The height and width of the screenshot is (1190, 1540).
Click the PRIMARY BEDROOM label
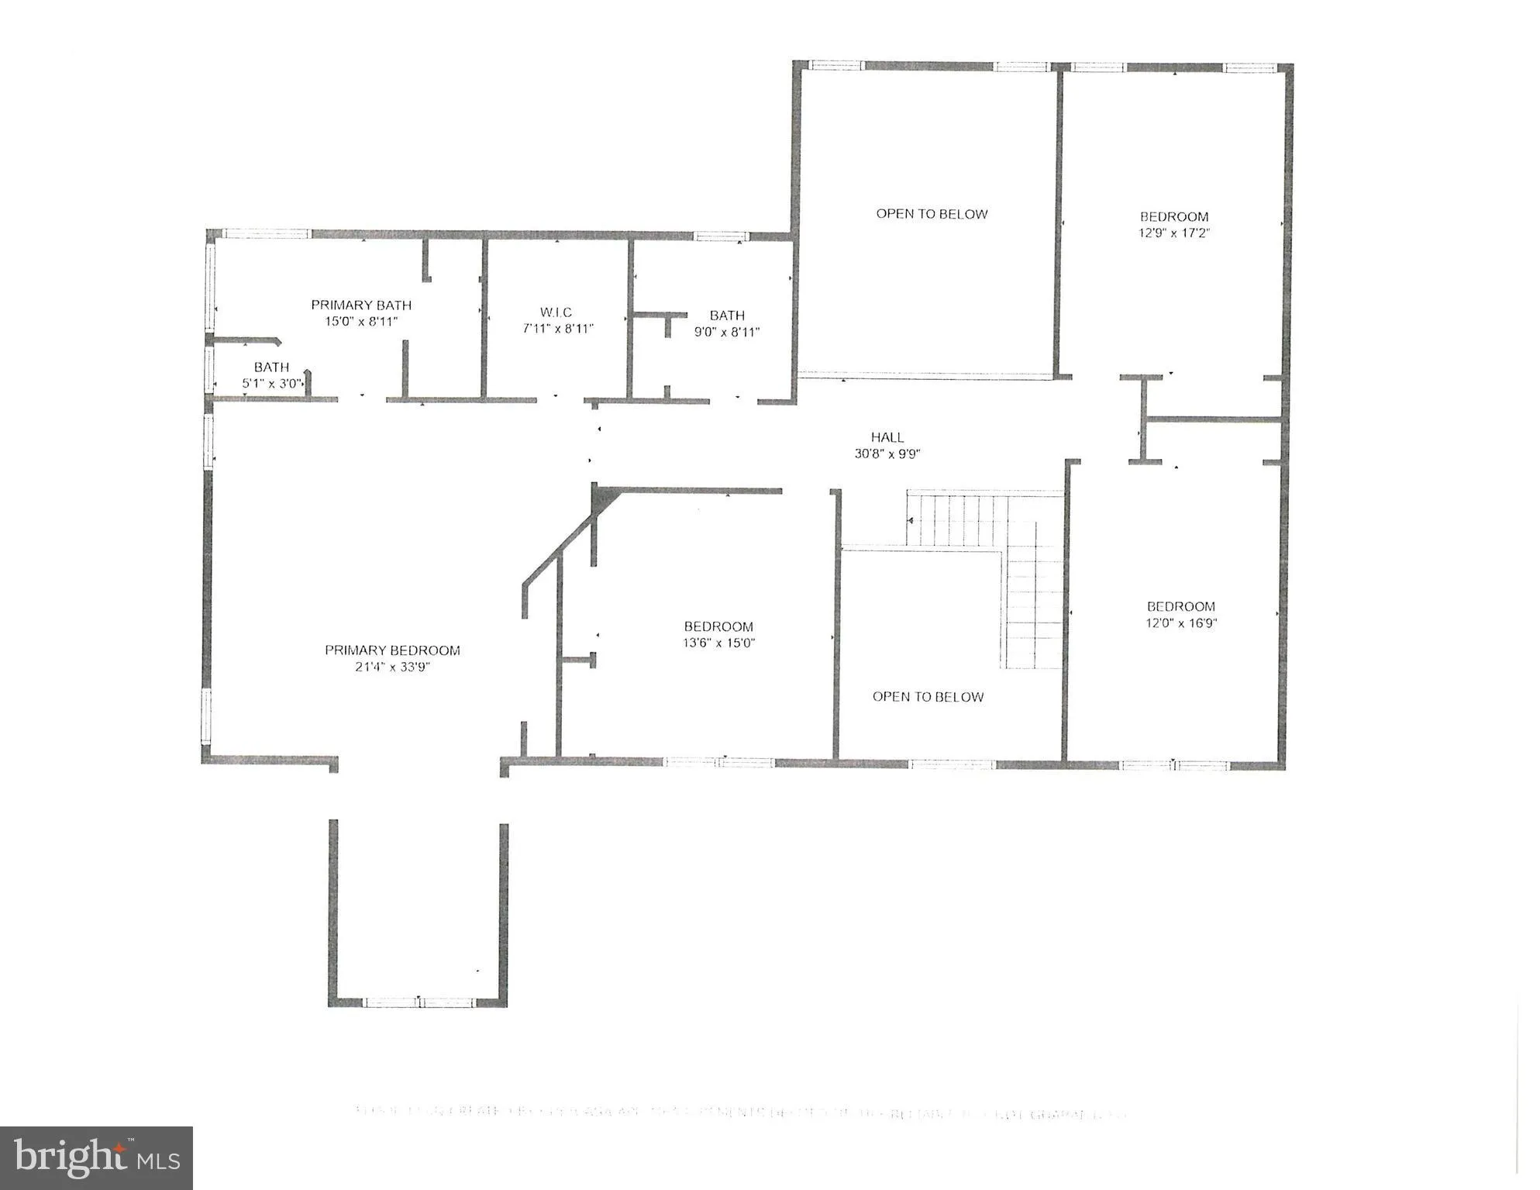point(392,650)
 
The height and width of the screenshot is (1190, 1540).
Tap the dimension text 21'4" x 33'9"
point(392,667)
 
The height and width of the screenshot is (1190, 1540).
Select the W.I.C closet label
point(556,312)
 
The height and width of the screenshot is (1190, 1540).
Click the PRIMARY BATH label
point(361,305)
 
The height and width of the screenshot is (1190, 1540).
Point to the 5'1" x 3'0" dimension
point(271,383)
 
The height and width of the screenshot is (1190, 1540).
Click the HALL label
point(887,437)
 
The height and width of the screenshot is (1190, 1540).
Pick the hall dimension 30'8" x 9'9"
point(887,454)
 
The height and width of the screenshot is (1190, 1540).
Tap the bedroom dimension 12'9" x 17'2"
point(1174,233)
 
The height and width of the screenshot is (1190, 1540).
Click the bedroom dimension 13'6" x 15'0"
point(718,643)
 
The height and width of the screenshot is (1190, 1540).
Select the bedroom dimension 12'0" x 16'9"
point(1180,623)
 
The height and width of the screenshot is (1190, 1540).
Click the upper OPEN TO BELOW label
point(932,214)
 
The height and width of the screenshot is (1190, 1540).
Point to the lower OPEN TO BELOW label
point(928,697)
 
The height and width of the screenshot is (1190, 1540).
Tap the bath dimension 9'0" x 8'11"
point(726,332)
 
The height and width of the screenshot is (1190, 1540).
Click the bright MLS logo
point(96,1157)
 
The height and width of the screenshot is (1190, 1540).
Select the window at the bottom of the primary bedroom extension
point(418,1002)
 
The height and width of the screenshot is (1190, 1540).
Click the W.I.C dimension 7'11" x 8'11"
point(557,329)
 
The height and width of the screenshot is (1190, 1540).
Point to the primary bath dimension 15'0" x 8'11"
point(361,322)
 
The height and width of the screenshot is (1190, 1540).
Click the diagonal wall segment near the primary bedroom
point(558,550)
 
